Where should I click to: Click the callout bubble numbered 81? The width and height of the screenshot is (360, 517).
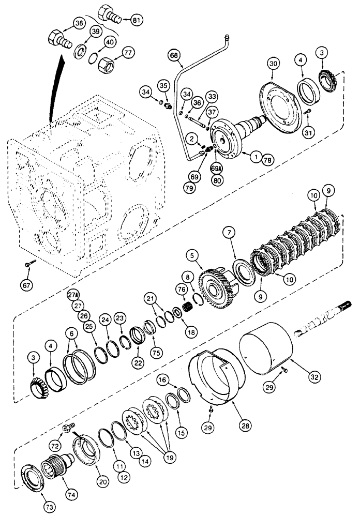(137, 21)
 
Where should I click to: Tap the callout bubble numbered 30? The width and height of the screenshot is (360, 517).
(274, 63)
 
